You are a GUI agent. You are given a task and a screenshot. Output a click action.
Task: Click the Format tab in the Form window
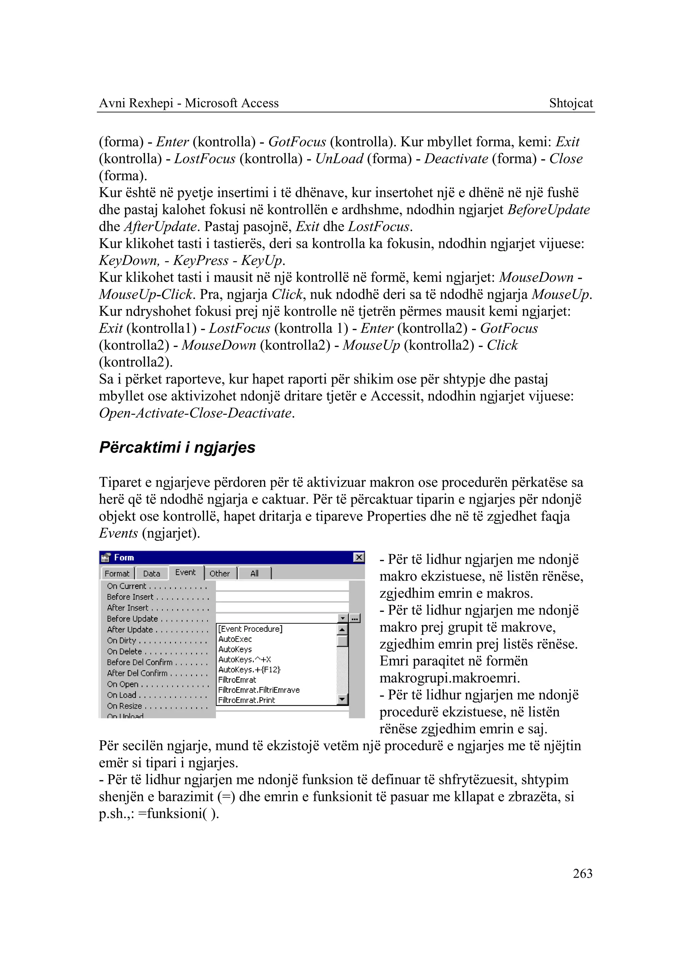point(117,574)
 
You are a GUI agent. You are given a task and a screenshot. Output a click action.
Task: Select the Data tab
point(151,574)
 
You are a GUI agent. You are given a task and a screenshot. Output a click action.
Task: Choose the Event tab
point(186,572)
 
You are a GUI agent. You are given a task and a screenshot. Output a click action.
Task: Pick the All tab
point(254,574)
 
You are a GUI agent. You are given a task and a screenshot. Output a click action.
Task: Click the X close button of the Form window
point(359,557)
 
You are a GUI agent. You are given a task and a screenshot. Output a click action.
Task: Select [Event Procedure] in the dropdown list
point(250,629)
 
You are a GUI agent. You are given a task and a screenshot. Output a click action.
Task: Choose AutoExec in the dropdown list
point(235,639)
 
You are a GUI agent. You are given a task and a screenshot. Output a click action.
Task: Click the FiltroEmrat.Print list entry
point(247,700)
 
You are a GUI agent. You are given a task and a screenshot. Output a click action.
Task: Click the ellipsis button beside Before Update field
point(355,619)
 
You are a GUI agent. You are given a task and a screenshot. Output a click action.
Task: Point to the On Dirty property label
point(121,641)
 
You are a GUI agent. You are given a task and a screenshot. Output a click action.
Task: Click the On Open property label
point(123,684)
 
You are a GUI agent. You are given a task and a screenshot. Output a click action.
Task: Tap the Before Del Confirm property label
point(140,662)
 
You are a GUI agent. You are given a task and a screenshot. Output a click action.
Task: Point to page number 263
point(583,873)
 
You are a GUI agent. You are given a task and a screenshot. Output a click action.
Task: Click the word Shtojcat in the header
point(571,103)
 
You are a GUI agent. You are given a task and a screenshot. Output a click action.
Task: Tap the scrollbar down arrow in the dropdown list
point(342,699)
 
